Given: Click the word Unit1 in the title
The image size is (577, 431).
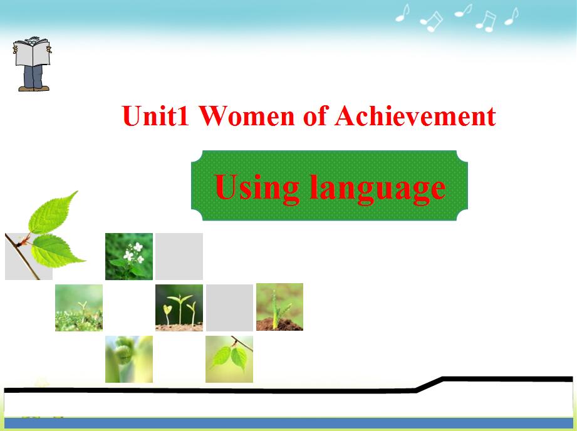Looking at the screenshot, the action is (155, 115).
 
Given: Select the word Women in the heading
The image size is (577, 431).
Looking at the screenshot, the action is (247, 115).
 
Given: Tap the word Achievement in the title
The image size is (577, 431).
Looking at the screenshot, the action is (415, 115).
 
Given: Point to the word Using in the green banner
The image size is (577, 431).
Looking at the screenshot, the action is (256, 189).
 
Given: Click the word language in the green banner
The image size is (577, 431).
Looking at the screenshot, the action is (378, 189).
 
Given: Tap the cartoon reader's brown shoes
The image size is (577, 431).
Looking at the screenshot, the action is (33, 88).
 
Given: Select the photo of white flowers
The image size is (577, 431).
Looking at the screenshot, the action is (129, 256).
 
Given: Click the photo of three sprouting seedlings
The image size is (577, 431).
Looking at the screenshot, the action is (179, 308).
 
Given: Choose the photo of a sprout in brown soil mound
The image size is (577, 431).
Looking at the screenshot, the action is (279, 306).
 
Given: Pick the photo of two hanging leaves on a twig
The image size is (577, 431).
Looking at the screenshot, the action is (229, 359).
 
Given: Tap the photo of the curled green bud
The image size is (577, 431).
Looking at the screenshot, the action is (129, 359).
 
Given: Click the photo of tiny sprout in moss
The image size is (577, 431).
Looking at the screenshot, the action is (79, 308).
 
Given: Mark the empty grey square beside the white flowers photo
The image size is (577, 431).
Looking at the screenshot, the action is (179, 256).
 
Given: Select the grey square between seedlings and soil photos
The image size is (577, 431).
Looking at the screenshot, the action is (229, 308).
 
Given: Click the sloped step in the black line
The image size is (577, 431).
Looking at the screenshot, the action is (429, 385).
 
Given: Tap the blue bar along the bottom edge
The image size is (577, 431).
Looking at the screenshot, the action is (288, 423).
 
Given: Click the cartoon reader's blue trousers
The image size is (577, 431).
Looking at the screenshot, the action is (33, 76).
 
